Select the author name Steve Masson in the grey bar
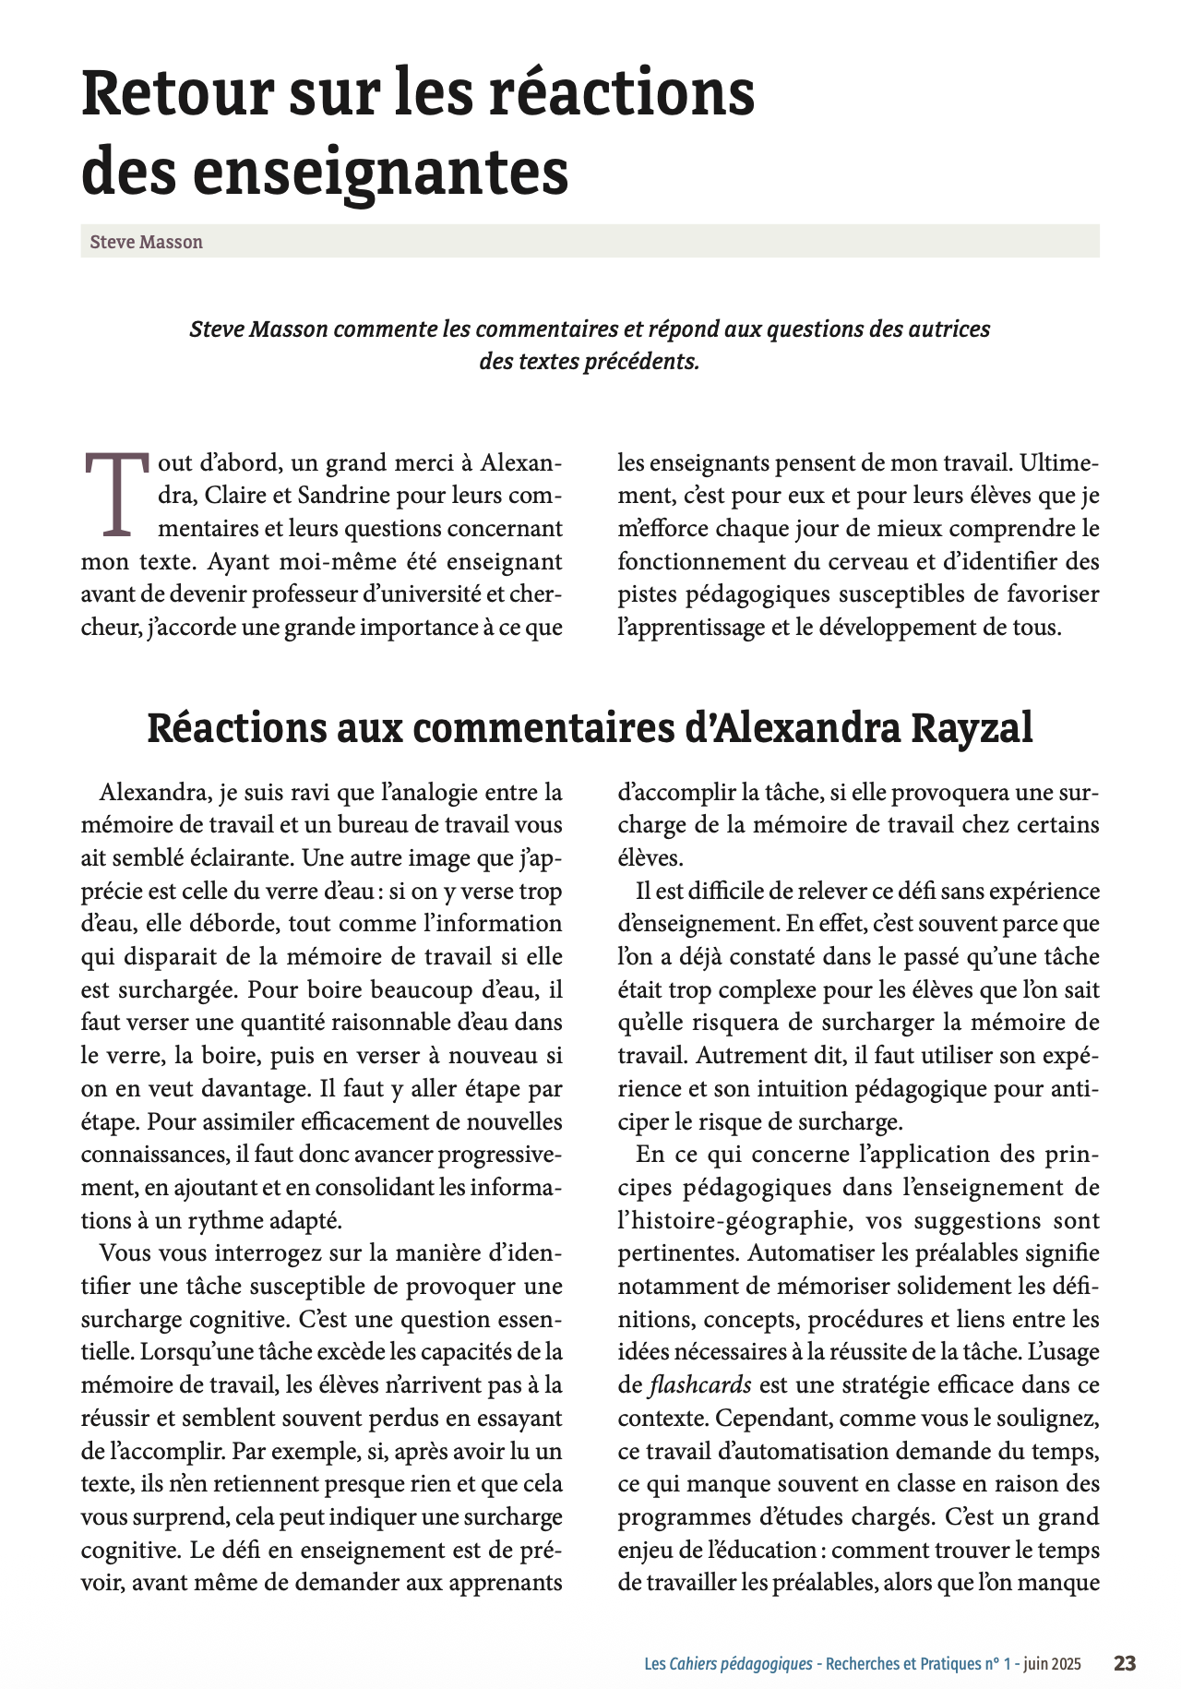(x=146, y=242)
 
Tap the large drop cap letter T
(x=116, y=495)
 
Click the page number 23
(x=1124, y=1663)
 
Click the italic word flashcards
(x=700, y=1385)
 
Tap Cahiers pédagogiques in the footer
(x=740, y=1664)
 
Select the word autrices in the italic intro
(x=952, y=329)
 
